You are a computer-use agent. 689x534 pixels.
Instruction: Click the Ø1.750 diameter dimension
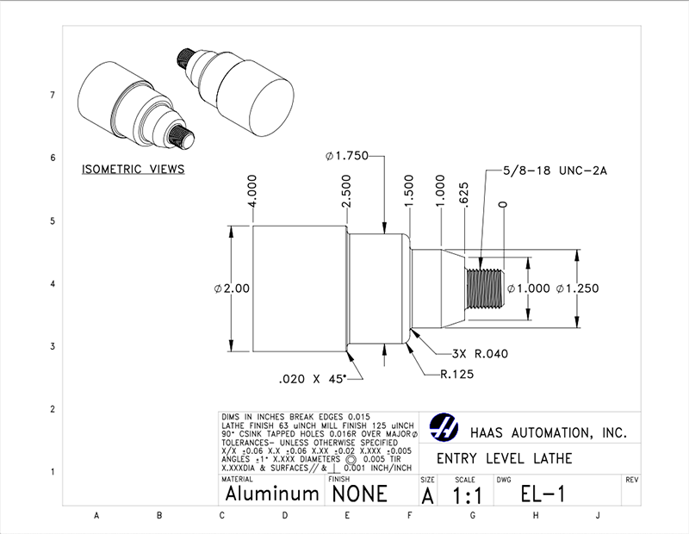347,156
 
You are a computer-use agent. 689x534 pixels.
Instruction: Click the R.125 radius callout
459,375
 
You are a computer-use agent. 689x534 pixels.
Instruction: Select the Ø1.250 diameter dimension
577,289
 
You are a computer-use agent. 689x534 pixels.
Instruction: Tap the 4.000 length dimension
252,193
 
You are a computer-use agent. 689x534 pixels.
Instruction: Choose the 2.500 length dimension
347,193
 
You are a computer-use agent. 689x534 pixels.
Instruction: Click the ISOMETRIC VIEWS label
133,170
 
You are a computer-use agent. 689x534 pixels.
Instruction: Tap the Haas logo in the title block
445,428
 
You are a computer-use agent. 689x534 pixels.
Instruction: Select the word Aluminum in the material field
272,494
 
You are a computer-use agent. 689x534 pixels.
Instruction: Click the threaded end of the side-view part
484,289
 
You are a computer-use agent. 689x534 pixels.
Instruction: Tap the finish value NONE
357,494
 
